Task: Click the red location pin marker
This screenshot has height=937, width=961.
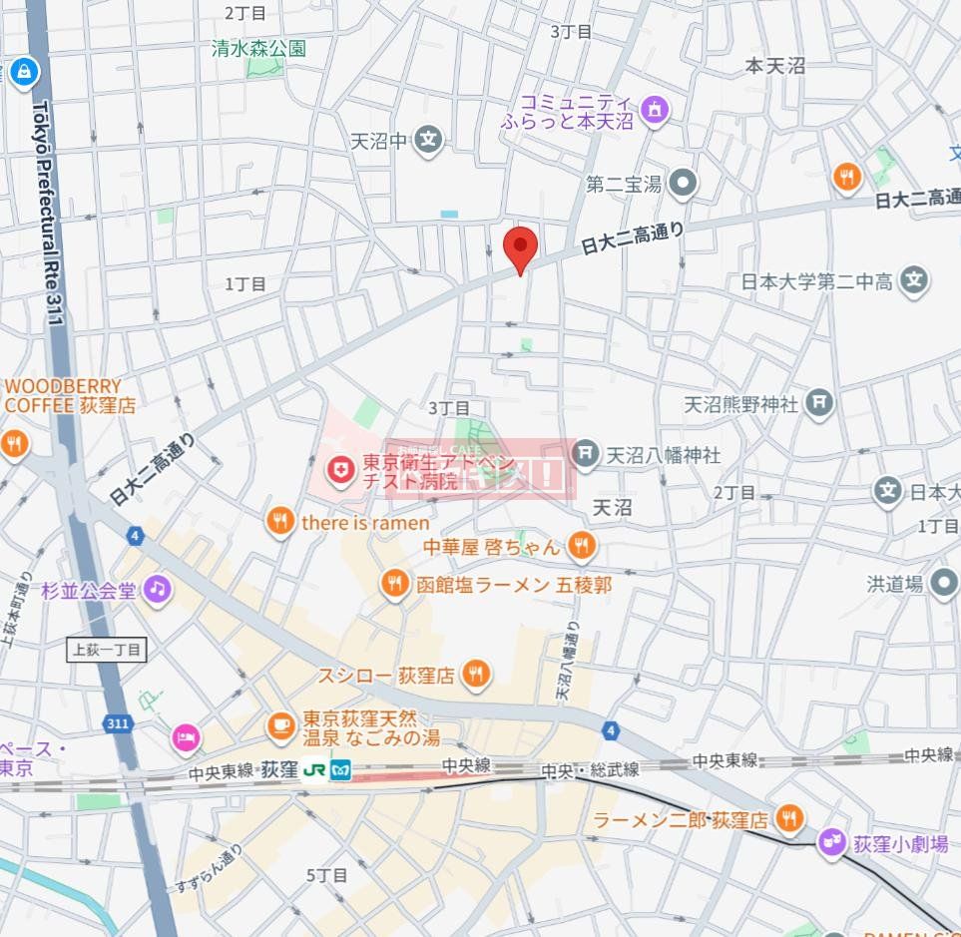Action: point(520,246)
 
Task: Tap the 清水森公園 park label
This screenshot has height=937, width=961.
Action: point(258,48)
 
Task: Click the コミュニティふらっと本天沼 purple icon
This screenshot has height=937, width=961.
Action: point(654,109)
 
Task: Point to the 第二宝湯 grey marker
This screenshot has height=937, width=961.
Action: point(684,183)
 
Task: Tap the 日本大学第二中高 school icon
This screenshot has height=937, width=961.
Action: point(913,281)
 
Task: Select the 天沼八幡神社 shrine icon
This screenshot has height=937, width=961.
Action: point(588,455)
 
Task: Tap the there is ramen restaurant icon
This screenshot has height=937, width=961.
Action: point(281,522)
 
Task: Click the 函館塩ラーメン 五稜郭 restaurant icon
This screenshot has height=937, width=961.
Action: point(396,585)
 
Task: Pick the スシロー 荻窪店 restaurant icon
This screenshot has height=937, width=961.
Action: point(476,676)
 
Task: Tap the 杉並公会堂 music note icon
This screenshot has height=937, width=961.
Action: point(157,589)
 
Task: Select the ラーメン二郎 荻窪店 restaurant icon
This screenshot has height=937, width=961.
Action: point(788,819)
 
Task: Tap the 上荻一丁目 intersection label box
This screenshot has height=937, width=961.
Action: point(108,650)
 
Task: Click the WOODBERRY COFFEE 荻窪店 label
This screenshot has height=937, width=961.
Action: point(70,396)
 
